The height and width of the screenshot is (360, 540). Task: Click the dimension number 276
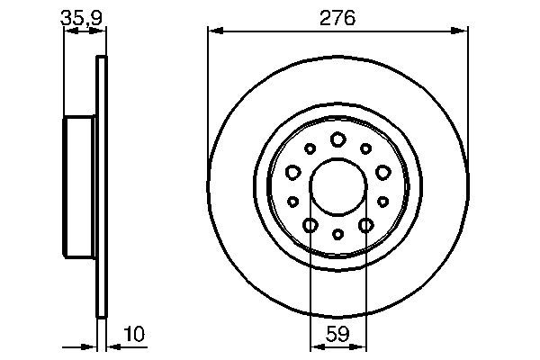click(338, 17)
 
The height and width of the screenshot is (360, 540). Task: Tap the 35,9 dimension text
click(78, 17)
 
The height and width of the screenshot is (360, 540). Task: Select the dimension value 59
click(337, 334)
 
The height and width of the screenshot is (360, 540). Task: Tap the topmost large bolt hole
click(337, 139)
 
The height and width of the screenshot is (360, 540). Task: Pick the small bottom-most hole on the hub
click(337, 235)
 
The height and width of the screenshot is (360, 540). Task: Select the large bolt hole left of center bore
click(292, 172)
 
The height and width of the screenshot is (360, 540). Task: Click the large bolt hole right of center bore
click(382, 172)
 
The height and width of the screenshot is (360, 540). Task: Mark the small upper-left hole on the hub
click(310, 148)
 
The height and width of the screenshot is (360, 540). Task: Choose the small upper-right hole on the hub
click(365, 148)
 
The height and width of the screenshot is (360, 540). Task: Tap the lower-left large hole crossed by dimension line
click(310, 225)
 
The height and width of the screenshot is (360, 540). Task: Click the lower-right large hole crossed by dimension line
click(365, 225)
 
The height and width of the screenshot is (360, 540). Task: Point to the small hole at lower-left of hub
click(292, 202)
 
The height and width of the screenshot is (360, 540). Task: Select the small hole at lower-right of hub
click(382, 202)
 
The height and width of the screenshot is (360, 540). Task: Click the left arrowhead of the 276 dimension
click(213, 31)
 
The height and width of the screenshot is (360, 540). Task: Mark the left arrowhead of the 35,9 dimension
click(68, 31)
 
